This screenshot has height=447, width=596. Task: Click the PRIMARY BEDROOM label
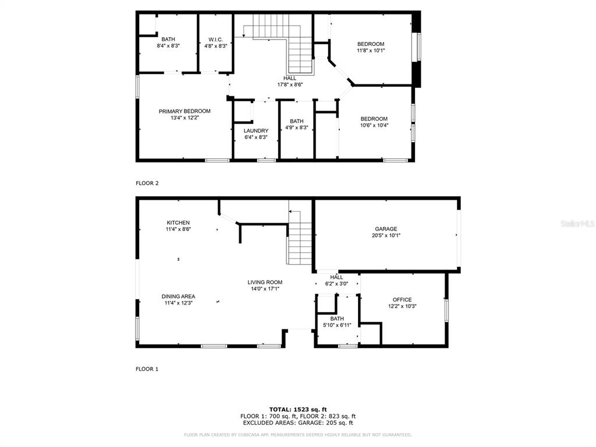pyautogui.click(x=185, y=111)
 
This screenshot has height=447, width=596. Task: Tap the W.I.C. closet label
pyautogui.click(x=215, y=40)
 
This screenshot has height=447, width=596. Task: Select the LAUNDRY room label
pyautogui.click(x=256, y=131)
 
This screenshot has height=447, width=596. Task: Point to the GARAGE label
pyautogui.click(x=386, y=229)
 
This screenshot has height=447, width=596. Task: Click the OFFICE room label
pyautogui.click(x=402, y=300)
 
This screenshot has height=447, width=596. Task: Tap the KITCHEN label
pyautogui.click(x=178, y=223)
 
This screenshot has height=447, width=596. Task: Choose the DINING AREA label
pyautogui.click(x=178, y=296)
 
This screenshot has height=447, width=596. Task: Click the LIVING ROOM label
pyautogui.click(x=265, y=282)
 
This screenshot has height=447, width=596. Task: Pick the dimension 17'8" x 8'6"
pyautogui.click(x=290, y=85)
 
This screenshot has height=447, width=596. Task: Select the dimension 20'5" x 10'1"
pyautogui.click(x=386, y=235)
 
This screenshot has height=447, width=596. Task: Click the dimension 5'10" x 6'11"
pyautogui.click(x=337, y=325)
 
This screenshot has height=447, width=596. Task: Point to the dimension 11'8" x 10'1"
pyautogui.click(x=371, y=50)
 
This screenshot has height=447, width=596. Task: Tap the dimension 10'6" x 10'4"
pyautogui.click(x=374, y=125)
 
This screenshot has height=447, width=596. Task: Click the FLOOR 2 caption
pyautogui.click(x=147, y=183)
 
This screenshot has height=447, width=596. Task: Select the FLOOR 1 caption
pyautogui.click(x=147, y=368)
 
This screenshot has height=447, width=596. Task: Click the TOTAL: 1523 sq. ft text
pyautogui.click(x=298, y=409)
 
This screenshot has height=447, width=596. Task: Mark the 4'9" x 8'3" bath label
pyautogui.click(x=297, y=127)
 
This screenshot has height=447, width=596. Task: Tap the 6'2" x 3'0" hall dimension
pyautogui.click(x=337, y=283)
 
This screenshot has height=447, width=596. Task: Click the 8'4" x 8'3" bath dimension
pyautogui.click(x=168, y=45)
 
